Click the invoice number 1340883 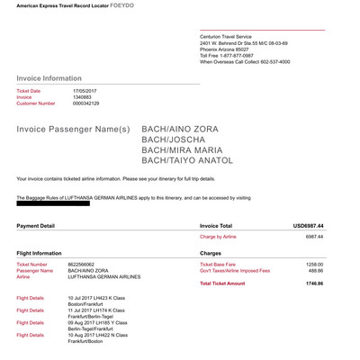coord(83,97)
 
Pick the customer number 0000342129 coord(87,103)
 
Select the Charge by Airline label coord(222,236)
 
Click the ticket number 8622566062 coord(86,265)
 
